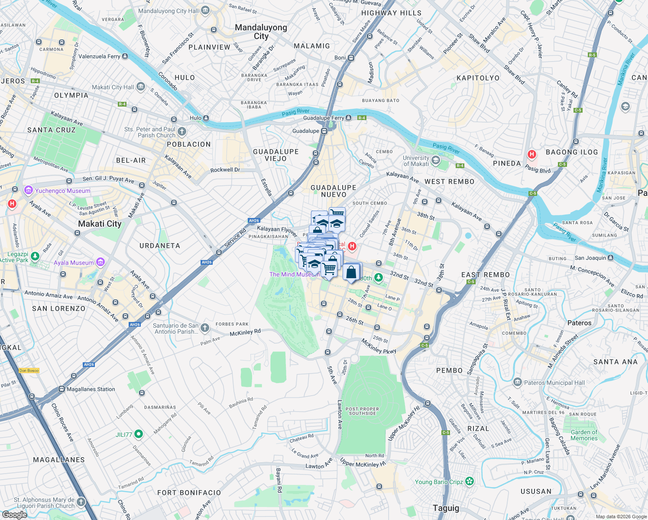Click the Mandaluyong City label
[x=261, y=32]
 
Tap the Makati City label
[x=100, y=224]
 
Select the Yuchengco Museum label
[x=63, y=191]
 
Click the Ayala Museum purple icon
[x=100, y=262]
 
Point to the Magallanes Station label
[x=91, y=389]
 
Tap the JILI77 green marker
[x=139, y=433]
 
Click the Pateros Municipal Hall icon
[x=517, y=382]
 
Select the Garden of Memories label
[x=584, y=435]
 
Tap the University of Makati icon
[x=436, y=161]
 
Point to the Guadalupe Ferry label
[x=323, y=118]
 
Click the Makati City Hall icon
[x=141, y=87]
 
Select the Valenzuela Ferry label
[x=99, y=56]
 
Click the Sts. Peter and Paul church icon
[x=182, y=131]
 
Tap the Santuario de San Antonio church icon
[x=205, y=328]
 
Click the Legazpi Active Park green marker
[x=35, y=257]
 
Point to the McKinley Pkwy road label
[x=379, y=346]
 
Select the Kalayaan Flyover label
[x=276, y=230]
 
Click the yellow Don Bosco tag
[x=29, y=370]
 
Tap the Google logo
[x=14, y=514]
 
